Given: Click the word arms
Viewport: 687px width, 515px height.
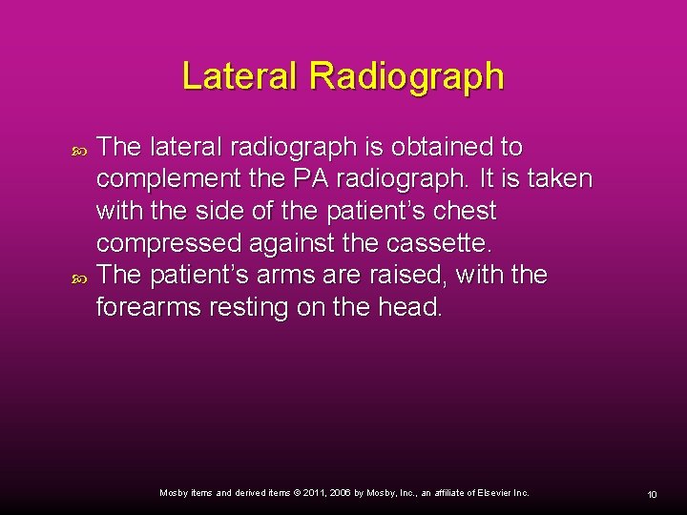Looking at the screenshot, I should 292,275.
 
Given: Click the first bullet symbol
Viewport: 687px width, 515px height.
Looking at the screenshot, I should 79,149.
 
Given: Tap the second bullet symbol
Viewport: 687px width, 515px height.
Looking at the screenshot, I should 79,277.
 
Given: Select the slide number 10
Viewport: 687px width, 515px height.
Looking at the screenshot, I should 652,494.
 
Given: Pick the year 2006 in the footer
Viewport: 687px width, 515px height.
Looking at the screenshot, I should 342,493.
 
